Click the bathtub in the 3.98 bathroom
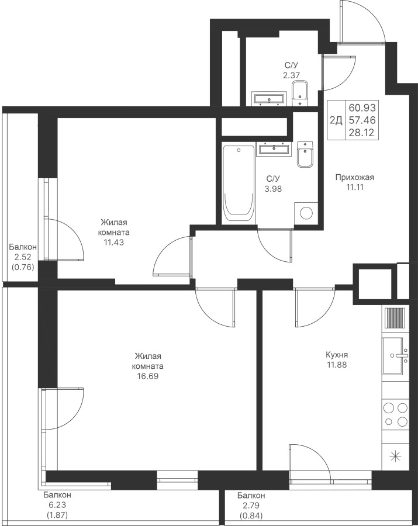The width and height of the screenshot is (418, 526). click(238, 183)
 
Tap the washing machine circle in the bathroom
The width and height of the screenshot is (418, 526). click(306, 212)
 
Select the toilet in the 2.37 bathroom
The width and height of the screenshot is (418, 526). click(300, 93)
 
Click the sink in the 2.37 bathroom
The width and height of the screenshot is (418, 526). click(270, 98)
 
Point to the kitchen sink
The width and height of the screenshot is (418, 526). click(395, 355)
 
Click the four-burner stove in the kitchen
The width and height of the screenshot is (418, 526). click(396, 414)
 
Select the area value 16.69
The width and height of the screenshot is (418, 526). click(147, 376)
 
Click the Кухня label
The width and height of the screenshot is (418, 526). click(337, 355)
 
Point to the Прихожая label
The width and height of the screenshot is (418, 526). click(355, 177)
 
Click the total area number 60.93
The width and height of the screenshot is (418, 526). click(362, 108)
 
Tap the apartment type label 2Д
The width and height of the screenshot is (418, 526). click(336, 120)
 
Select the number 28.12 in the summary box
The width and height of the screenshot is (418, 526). click(362, 133)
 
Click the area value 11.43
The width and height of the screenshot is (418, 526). click(114, 242)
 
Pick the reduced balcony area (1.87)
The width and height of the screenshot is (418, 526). click(57, 515)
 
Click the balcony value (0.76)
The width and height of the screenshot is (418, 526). click(22, 268)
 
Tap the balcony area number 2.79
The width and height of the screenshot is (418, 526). click(251, 505)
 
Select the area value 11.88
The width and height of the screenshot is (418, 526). click(337, 365)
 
